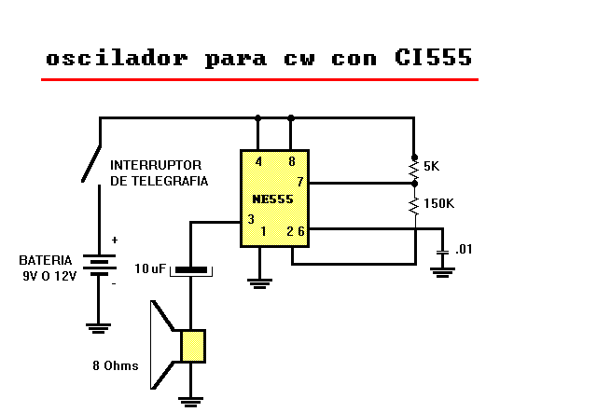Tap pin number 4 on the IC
pyautogui.click(x=257, y=162)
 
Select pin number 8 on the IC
pyautogui.click(x=291, y=162)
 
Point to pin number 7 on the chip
pyautogui.click(x=299, y=181)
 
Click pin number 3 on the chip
pyautogui.click(x=250, y=219)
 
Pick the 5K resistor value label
pyautogui.click(x=432, y=166)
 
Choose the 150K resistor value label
pyautogui.click(x=438, y=203)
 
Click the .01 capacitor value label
pyautogui.click(x=464, y=250)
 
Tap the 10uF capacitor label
pyautogui.click(x=150, y=268)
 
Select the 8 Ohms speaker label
pyautogui.click(x=115, y=365)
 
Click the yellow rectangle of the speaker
pyautogui.click(x=193, y=346)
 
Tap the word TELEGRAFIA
pyautogui.click(x=174, y=181)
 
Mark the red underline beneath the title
pyautogui.click(x=259, y=80)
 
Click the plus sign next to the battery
pyautogui.click(x=115, y=240)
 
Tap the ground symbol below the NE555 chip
pyautogui.click(x=260, y=281)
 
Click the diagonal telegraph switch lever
pyautogui.click(x=91, y=164)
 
